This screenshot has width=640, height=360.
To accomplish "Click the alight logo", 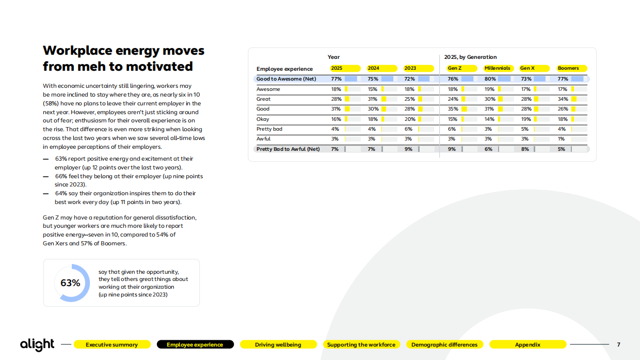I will point(37,345).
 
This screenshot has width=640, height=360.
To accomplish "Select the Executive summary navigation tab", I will point(112,345).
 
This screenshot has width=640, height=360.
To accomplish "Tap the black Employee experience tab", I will point(195,345).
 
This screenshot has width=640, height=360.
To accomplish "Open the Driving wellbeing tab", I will point(278,345).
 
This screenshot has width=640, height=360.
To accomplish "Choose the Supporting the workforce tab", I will point(361,345).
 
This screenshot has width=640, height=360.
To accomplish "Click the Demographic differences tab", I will point(444,345).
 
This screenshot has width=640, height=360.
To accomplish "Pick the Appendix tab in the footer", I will point(527,345).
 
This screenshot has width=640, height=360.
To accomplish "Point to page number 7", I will point(619,345).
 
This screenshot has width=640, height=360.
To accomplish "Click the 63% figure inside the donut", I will point(70,283).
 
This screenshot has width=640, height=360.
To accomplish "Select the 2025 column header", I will point(337,68).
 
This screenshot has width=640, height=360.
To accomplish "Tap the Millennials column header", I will point(497,68).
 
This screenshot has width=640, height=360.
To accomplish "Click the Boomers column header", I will point(568,68).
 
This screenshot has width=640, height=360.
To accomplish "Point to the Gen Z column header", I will point(455,68).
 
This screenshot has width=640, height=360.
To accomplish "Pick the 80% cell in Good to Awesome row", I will point(490,79).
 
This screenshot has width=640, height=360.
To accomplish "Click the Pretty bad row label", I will point(269,129).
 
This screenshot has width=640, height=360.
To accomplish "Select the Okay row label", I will point(263,119).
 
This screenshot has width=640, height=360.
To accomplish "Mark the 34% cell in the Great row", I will point(563,99).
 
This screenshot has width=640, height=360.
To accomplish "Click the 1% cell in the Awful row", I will point(561,139).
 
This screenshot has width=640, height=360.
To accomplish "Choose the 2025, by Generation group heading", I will point(470,57).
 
